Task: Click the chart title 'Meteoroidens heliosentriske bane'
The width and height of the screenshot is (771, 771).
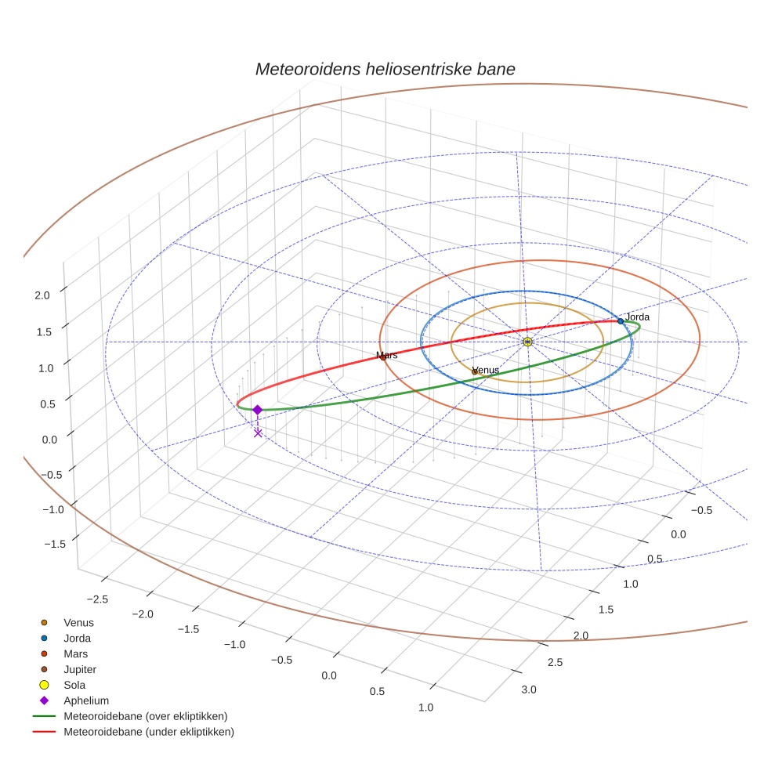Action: point(385,69)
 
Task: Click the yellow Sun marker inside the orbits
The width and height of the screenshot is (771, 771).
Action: point(527,342)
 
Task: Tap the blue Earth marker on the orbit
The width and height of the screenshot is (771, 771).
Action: point(621,321)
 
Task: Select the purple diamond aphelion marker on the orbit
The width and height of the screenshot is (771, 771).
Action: point(257,409)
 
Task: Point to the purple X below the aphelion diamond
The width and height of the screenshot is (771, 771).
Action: point(258,433)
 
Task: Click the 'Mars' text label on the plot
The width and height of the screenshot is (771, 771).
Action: point(387,355)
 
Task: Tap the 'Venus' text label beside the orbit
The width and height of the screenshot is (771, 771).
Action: point(486,370)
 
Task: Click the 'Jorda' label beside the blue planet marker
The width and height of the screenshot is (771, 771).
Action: point(638,317)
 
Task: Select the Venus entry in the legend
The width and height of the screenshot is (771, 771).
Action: point(78,622)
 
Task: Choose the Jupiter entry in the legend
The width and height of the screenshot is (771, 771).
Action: point(80,669)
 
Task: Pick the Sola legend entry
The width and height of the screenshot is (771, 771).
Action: point(74,685)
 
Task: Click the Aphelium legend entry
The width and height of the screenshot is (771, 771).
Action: point(85,700)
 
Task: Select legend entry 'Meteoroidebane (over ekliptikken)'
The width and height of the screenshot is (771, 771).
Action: point(145,716)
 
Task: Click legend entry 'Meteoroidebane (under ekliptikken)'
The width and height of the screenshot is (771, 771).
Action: point(148,732)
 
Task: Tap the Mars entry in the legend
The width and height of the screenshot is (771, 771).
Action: point(75,653)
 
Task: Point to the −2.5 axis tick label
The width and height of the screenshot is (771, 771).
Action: point(96,599)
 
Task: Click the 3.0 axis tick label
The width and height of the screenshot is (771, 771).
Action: point(528,690)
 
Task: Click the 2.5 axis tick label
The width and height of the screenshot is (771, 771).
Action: point(554,663)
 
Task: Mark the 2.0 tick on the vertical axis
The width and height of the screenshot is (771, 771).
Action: point(42,295)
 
